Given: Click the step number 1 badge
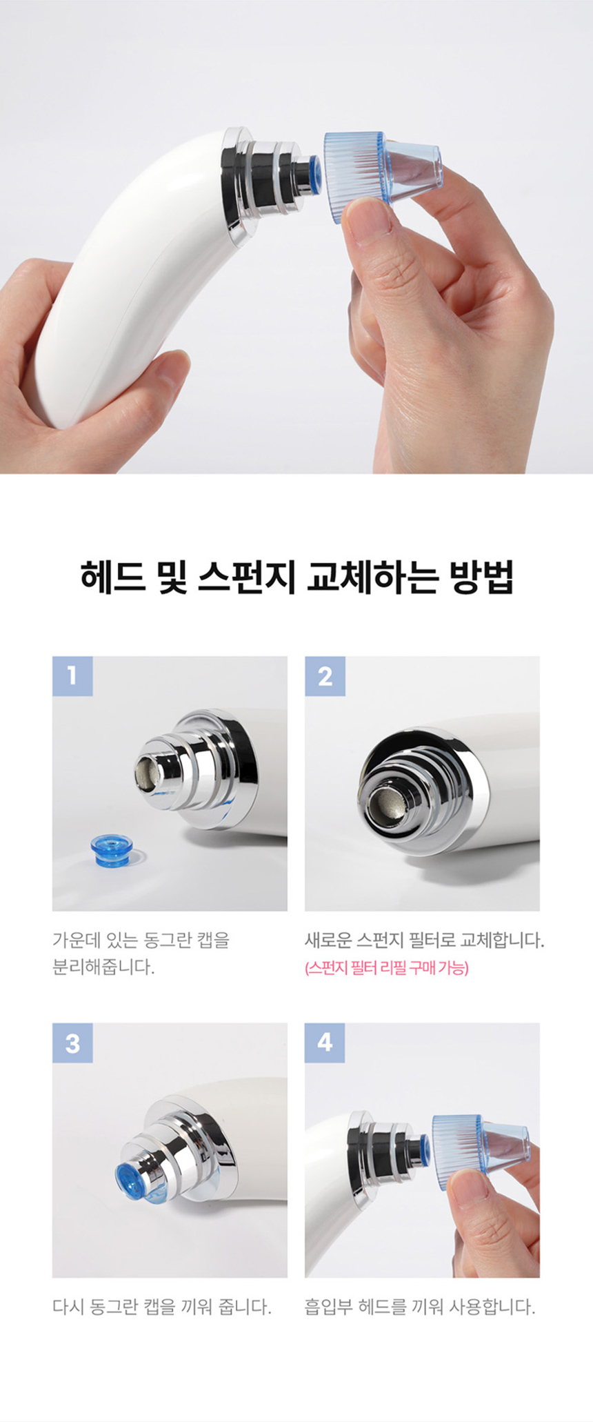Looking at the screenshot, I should click(72, 675).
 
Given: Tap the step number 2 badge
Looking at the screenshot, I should click(325, 675).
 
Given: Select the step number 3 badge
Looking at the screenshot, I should click(72, 1043).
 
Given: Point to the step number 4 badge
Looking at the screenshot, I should click(325, 1043).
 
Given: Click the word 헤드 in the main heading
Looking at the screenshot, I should click(112, 577).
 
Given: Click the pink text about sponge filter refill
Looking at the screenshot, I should click(386, 968).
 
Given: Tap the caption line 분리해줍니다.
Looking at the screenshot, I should click(103, 967).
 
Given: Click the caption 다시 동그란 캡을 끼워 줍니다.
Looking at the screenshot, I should click(161, 1307).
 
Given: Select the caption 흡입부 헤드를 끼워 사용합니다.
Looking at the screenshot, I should click(419, 1307).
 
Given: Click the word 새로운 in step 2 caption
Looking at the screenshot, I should click(328, 940).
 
